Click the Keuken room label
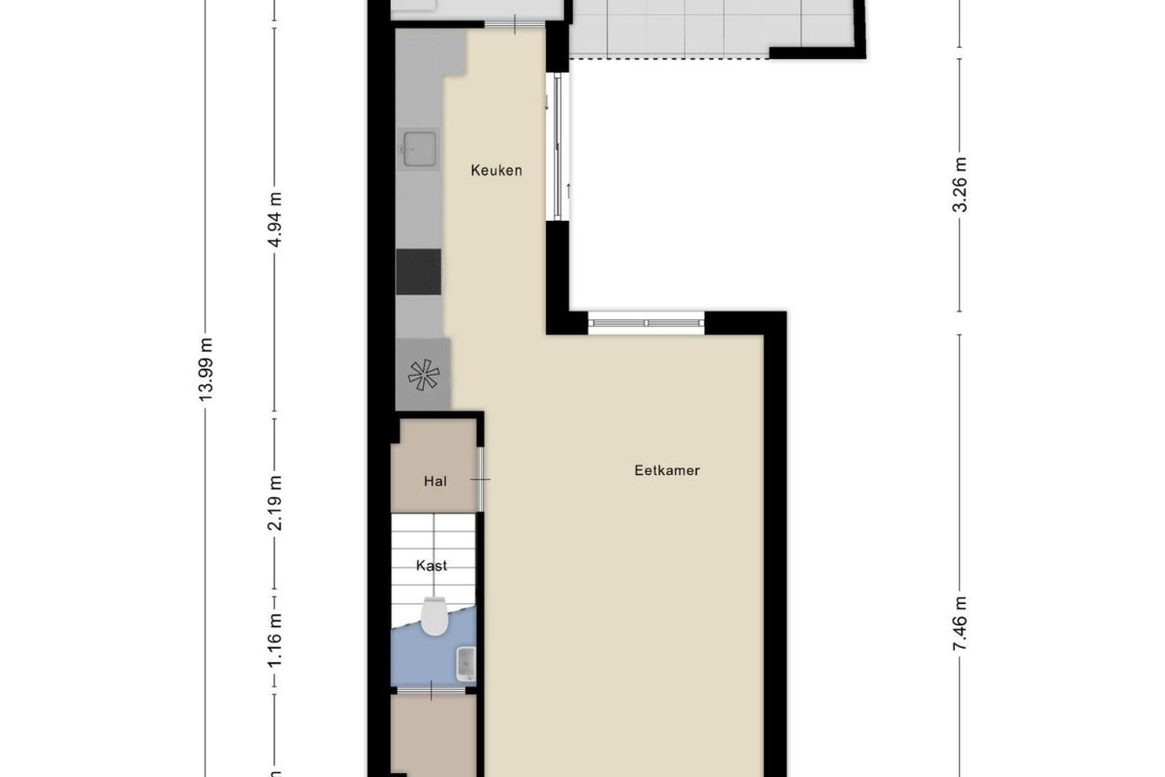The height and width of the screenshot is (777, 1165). [496, 171]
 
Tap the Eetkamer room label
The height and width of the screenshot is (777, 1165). [667, 470]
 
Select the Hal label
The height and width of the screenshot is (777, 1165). [434, 482]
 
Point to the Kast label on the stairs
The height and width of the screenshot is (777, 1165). [432, 566]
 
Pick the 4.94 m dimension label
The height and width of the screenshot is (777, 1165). [276, 220]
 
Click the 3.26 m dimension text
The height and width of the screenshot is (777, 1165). [961, 183]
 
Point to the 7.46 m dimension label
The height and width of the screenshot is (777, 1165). [961, 622]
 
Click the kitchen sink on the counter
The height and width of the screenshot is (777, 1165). [419, 148]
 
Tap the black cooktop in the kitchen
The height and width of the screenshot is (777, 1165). [418, 271]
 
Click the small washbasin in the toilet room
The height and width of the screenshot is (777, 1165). [466, 659]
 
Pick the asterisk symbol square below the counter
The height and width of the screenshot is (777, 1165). [421, 376]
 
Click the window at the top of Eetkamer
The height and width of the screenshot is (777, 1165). [646, 323]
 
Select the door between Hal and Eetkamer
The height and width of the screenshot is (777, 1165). [481, 479]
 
